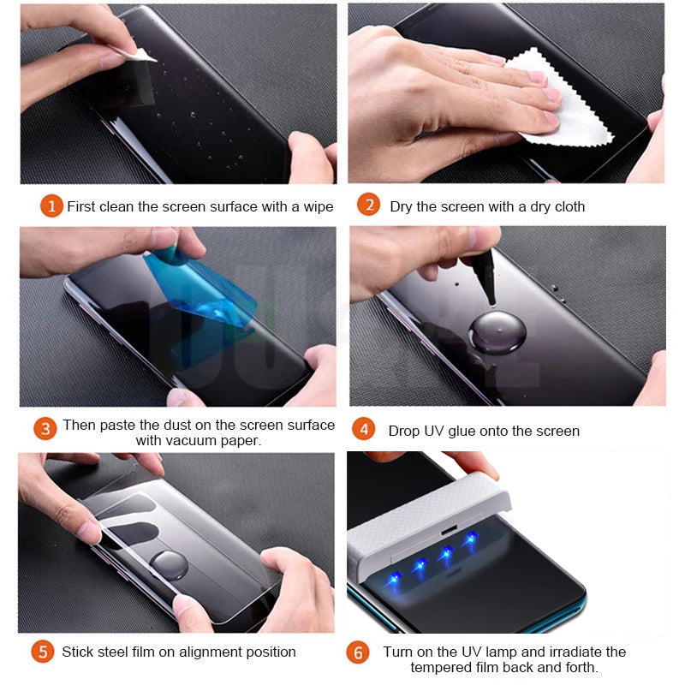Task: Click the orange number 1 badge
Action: click(x=51, y=206)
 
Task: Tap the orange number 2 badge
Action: click(x=368, y=205)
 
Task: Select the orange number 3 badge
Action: click(x=46, y=428)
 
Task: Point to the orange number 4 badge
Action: click(x=365, y=430)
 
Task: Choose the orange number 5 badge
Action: click(x=43, y=652)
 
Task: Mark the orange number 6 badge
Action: click(x=358, y=652)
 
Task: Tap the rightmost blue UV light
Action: click(x=470, y=539)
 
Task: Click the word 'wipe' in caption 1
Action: click(x=316, y=206)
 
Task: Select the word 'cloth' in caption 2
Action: click(x=567, y=206)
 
